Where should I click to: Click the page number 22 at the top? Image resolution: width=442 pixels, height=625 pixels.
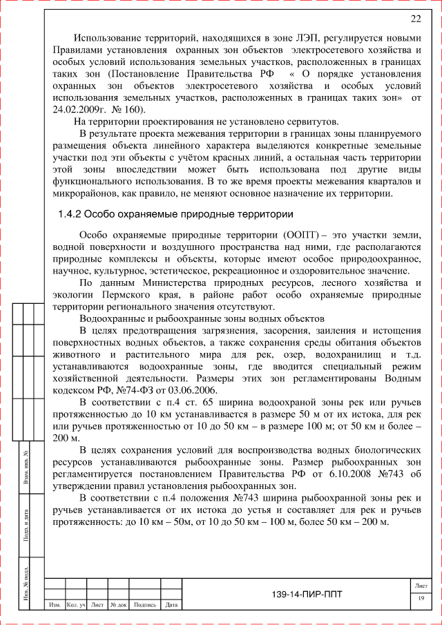416,19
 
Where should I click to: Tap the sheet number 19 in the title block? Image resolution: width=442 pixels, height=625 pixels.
421,597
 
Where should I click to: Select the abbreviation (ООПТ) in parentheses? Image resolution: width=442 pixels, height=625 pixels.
301,235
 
